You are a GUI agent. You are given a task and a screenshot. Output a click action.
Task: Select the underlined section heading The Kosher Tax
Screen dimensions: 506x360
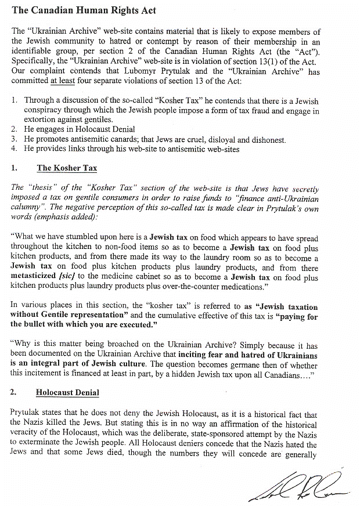(67, 168)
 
